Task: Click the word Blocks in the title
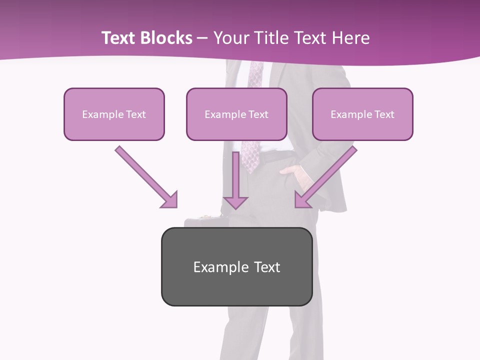[x=166, y=38]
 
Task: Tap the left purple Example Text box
[x=114, y=114]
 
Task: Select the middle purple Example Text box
[x=236, y=114]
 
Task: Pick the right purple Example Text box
[x=362, y=114]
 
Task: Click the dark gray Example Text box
[x=236, y=267]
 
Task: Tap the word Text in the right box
[x=384, y=114]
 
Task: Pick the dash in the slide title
[x=202, y=38]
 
